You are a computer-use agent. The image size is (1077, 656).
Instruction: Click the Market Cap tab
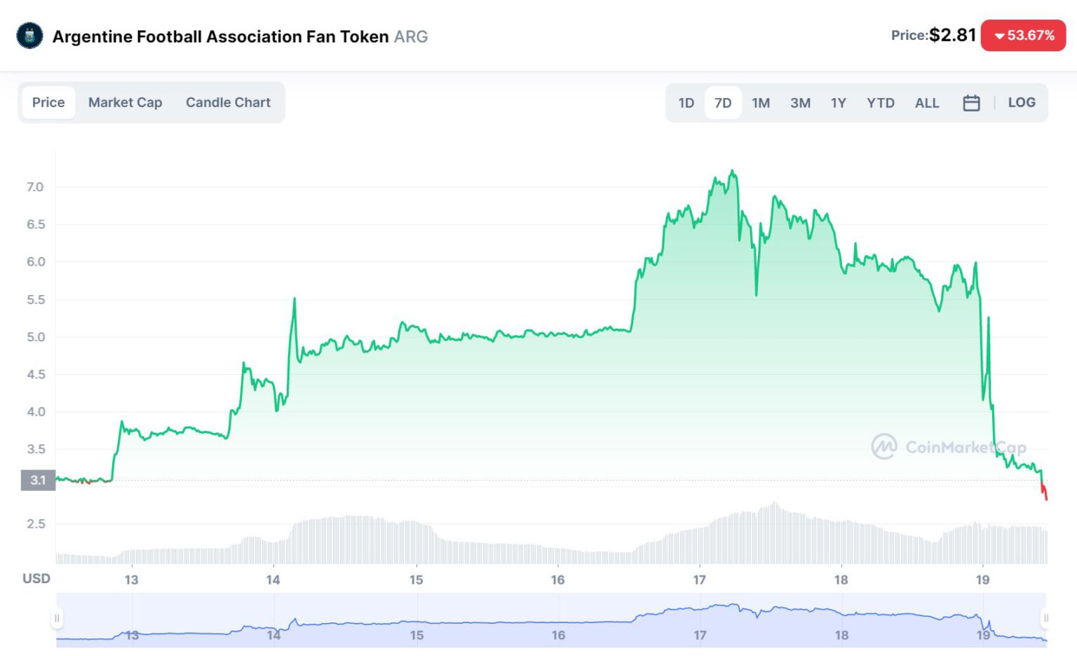pyautogui.click(x=125, y=102)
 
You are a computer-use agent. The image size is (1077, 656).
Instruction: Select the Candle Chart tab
pyautogui.click(x=228, y=102)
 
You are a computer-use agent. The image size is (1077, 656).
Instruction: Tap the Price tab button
pyautogui.click(x=48, y=102)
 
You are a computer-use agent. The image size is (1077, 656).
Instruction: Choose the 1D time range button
pyautogui.click(x=686, y=103)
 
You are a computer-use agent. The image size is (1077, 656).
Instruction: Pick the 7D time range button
pyautogui.click(x=723, y=103)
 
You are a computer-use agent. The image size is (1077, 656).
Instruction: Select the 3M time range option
pyautogui.click(x=800, y=103)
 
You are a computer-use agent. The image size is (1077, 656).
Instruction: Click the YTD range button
pyautogui.click(x=880, y=103)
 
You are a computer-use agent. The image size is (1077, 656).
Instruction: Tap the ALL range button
pyautogui.click(x=926, y=103)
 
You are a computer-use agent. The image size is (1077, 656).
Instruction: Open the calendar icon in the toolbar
pyautogui.click(x=971, y=103)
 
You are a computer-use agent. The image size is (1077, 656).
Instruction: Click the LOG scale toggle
pyautogui.click(x=1022, y=102)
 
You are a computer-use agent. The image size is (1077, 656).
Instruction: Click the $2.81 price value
pyautogui.click(x=952, y=35)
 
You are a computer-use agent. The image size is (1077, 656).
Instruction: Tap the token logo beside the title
pyautogui.click(x=29, y=36)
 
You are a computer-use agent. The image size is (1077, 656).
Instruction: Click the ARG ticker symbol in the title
pyautogui.click(x=411, y=36)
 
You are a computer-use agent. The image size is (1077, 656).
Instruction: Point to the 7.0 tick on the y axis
pyautogui.click(x=35, y=187)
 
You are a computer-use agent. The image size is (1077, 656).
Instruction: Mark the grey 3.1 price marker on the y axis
pyautogui.click(x=38, y=480)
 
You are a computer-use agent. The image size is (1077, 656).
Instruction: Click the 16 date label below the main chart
pyautogui.click(x=557, y=580)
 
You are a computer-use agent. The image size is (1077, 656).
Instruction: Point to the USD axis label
pyautogui.click(x=36, y=578)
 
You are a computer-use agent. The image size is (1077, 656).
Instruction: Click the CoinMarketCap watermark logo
pyautogui.click(x=883, y=446)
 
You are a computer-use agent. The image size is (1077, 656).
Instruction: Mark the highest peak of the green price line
pyautogui.click(x=733, y=170)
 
